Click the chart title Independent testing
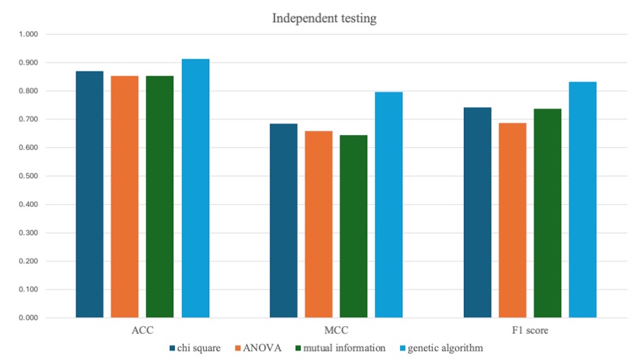pyautogui.click(x=324, y=18)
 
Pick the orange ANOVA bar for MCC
pyautogui.click(x=318, y=224)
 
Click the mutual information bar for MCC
pyautogui.click(x=353, y=226)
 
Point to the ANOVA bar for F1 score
pyautogui.click(x=512, y=220)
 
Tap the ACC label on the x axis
pyautogui.click(x=142, y=330)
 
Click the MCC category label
pyautogui.click(x=336, y=330)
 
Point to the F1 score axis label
pyautogui.click(x=530, y=330)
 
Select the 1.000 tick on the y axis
pyautogui.click(x=28, y=34)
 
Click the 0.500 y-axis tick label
pyautogui.click(x=28, y=176)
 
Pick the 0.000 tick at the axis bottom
pyautogui.click(x=28, y=318)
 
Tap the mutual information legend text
pyautogui.click(x=344, y=348)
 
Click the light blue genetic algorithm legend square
pyautogui.click(x=402, y=348)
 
